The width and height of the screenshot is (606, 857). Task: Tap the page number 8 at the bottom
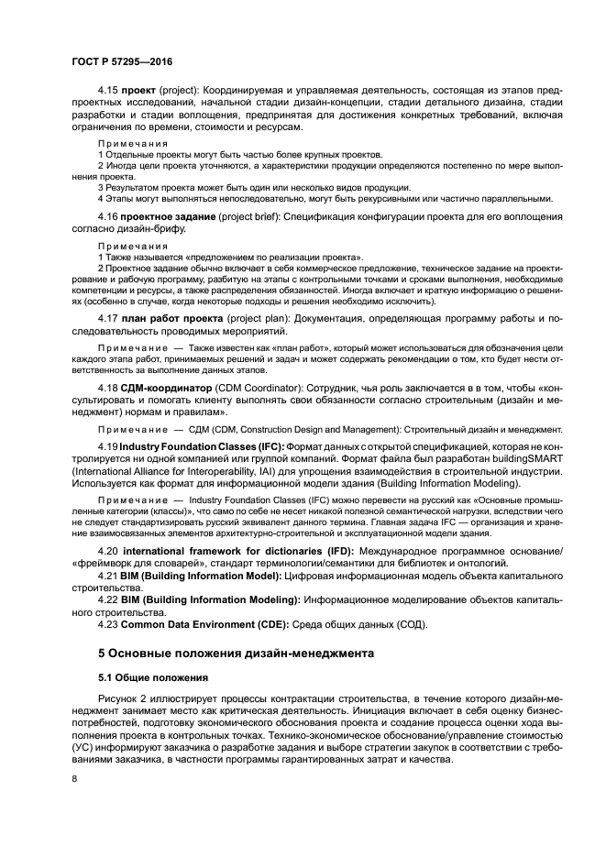coord(75,778)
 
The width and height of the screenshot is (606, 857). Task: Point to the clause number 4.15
coord(108,91)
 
